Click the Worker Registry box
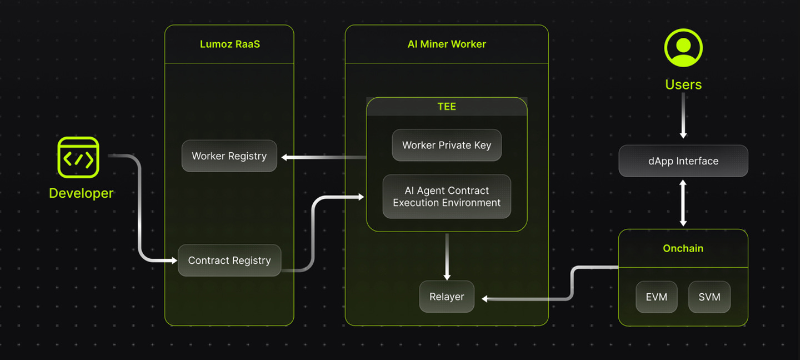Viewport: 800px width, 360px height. (229, 156)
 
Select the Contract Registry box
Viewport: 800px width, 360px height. (229, 261)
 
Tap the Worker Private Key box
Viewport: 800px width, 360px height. (447, 145)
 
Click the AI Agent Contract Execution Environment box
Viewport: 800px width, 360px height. (447, 197)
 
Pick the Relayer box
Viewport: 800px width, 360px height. (447, 297)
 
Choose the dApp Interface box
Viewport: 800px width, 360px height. (683, 161)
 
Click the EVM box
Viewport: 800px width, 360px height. (657, 297)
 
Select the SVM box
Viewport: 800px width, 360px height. (709, 297)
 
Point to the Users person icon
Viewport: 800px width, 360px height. (683, 48)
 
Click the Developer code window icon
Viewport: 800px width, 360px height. (78, 157)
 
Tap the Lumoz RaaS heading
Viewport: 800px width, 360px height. (229, 44)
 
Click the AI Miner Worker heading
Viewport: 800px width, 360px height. (447, 44)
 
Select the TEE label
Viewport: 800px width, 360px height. (447, 107)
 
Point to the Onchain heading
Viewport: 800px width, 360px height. (683, 248)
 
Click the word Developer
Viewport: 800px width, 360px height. (81, 193)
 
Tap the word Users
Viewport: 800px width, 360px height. (683, 84)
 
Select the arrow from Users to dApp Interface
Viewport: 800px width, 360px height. (683, 116)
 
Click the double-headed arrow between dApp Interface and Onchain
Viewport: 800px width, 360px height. (683, 203)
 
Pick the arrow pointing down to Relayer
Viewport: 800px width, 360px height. (447, 257)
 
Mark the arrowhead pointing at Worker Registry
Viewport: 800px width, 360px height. (284, 157)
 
